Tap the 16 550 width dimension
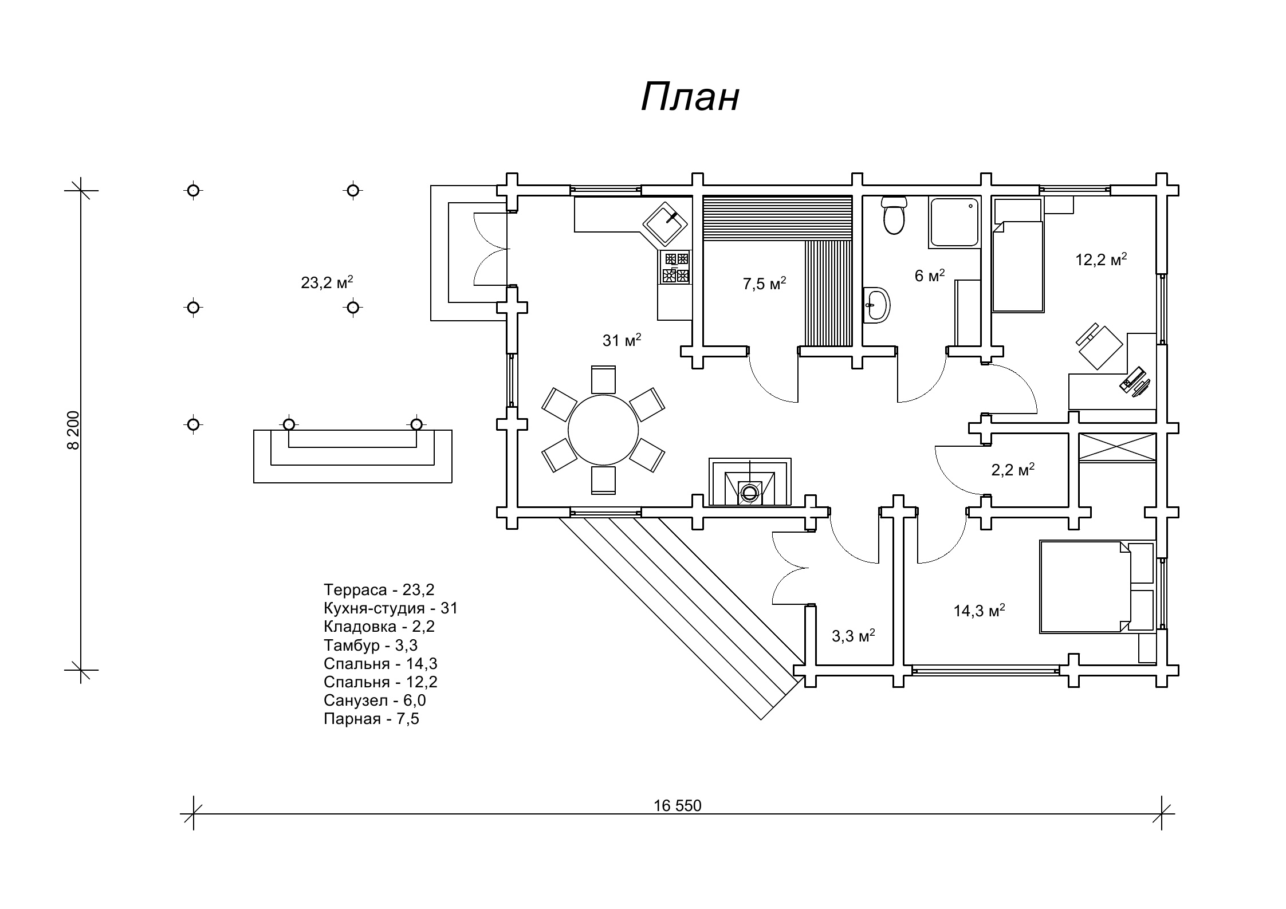(x=677, y=806)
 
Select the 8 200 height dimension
(x=73, y=430)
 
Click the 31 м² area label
(x=622, y=341)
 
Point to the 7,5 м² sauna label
(x=764, y=284)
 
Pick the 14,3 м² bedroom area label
(x=979, y=611)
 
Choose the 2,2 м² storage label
(x=1013, y=470)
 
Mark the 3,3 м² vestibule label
(x=853, y=636)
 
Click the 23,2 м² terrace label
(x=327, y=282)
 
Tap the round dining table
(x=603, y=430)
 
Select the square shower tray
(x=954, y=223)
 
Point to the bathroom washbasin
(x=877, y=305)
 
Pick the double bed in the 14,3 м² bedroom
(x=1086, y=587)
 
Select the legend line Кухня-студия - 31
(x=391, y=608)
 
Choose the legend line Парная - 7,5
(x=371, y=718)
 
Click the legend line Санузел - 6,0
(x=375, y=700)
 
